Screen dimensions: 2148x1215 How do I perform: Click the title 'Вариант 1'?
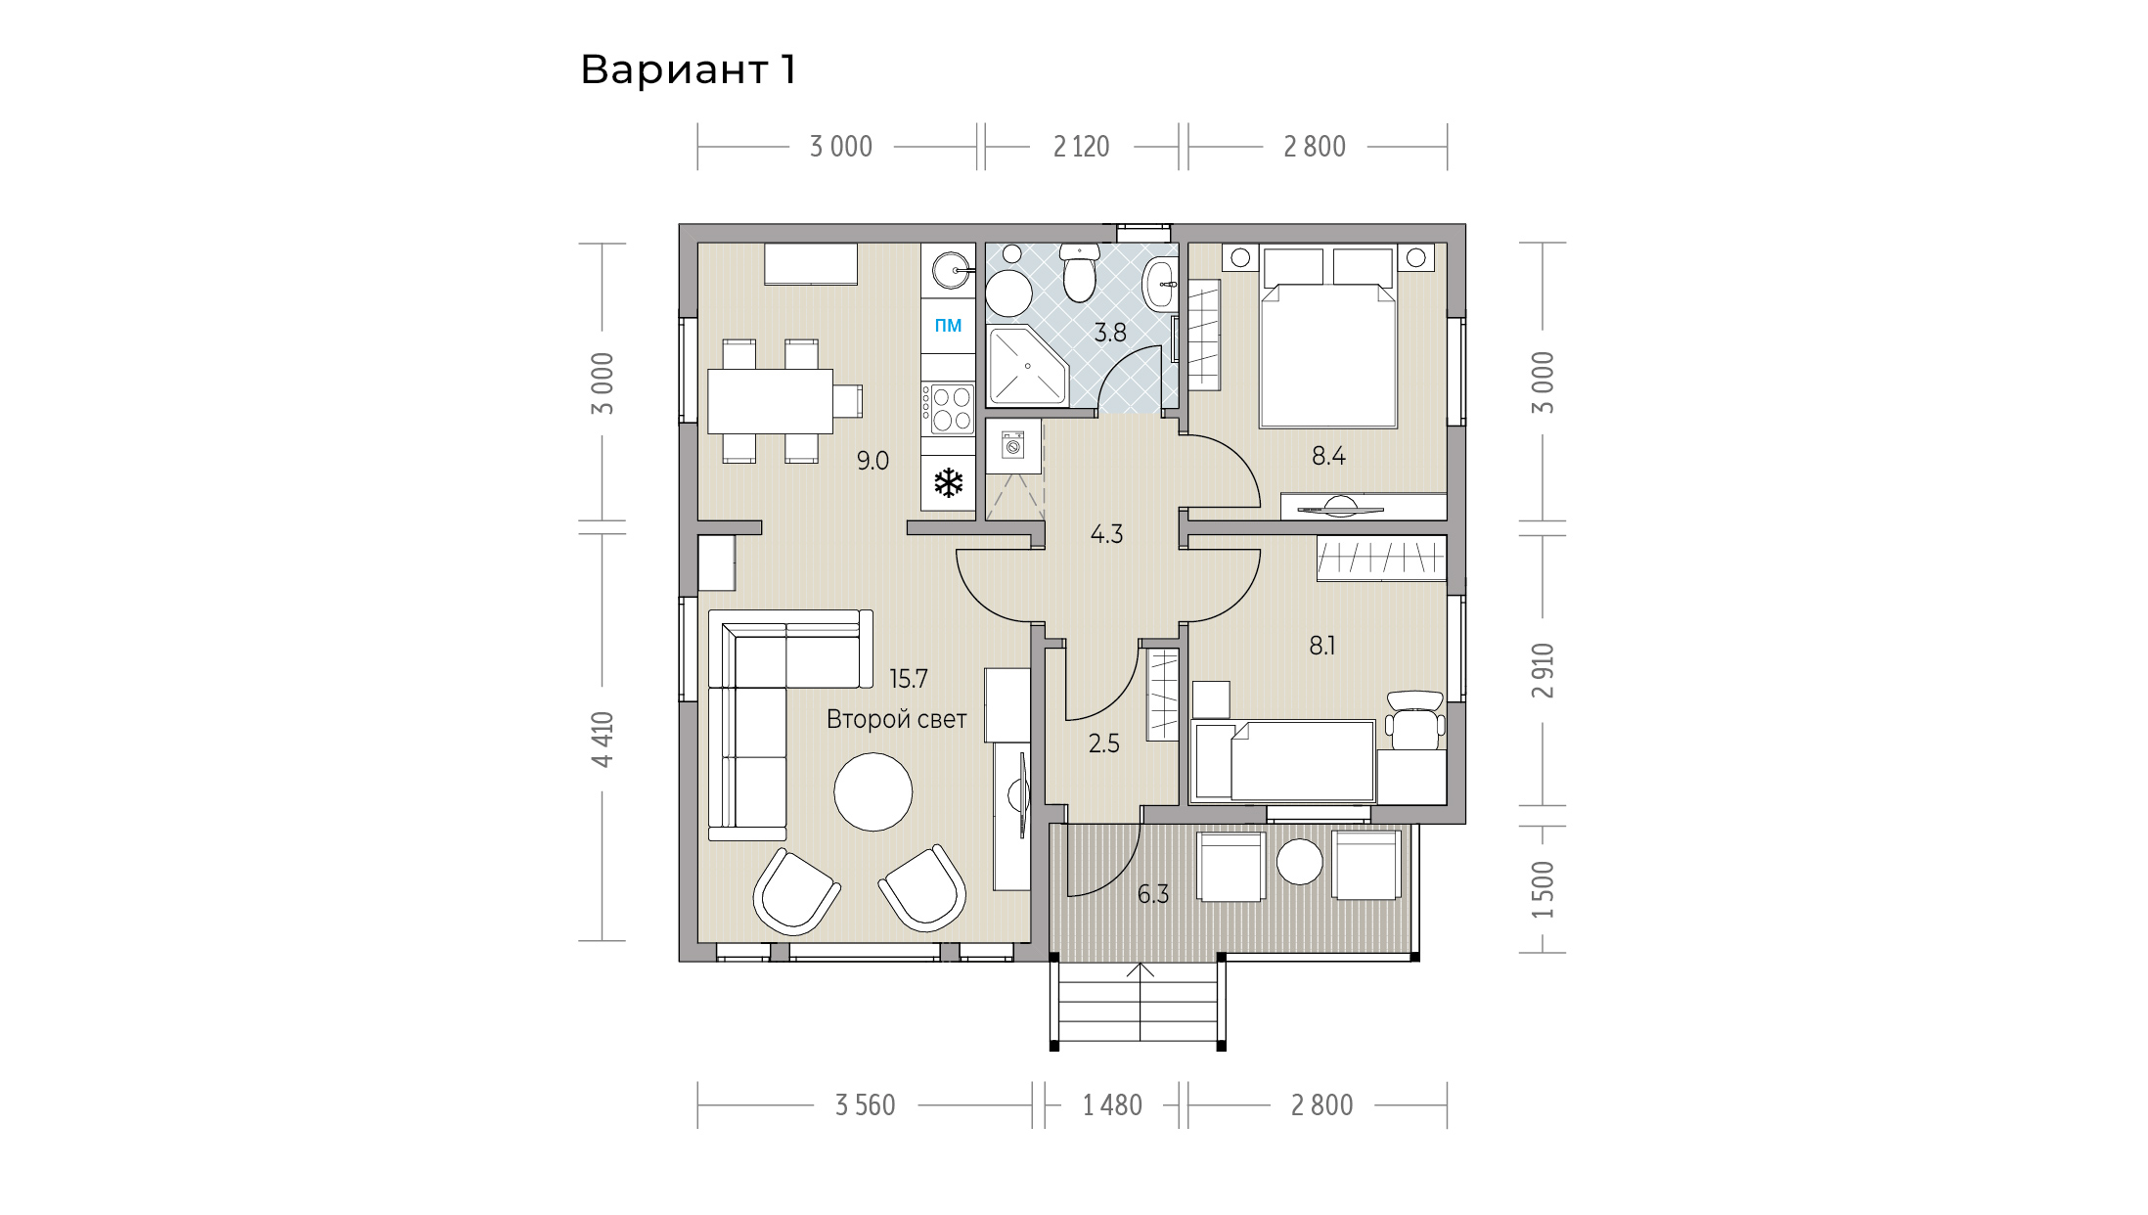coord(689,69)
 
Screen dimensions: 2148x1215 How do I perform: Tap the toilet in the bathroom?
coord(1079,272)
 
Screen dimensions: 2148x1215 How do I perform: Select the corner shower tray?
coord(1027,366)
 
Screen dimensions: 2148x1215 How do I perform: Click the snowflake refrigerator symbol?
coord(948,482)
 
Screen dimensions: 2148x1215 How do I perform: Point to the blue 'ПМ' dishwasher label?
coord(948,326)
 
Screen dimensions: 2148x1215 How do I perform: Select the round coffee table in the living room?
coord(873,791)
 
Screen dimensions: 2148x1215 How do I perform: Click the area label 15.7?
coord(908,678)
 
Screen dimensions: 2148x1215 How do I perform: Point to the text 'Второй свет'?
coord(896,719)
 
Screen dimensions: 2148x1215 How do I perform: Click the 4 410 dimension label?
coord(603,740)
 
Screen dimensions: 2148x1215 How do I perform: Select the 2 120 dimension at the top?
coord(1081,147)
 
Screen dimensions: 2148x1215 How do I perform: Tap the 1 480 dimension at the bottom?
coord(1112,1105)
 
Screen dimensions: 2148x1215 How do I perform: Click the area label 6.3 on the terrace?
coord(1153,894)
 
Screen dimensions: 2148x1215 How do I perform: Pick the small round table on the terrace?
coord(1300,862)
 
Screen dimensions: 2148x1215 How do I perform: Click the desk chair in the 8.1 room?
coord(1414,719)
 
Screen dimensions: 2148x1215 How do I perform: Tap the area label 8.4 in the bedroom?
coord(1328,456)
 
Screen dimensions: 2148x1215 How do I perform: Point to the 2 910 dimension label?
coord(1544,670)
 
